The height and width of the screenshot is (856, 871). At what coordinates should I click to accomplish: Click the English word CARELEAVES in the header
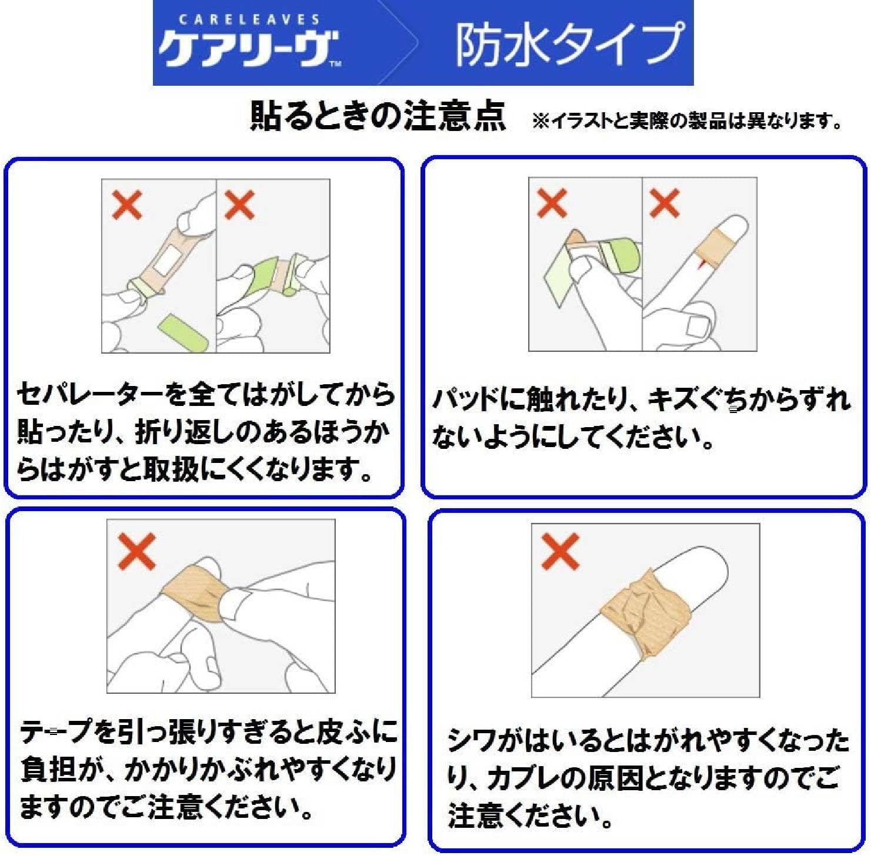tap(249, 19)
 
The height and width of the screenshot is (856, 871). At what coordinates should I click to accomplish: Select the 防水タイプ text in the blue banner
tap(569, 44)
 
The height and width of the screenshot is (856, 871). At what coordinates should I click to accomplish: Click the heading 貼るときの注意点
tap(378, 116)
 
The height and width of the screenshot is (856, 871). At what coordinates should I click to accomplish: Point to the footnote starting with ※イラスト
tap(687, 120)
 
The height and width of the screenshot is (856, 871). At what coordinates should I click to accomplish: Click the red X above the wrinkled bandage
tap(560, 552)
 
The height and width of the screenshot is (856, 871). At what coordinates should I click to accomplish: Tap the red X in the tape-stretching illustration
tap(136, 551)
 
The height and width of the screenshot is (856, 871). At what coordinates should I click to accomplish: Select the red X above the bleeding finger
tap(665, 203)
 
